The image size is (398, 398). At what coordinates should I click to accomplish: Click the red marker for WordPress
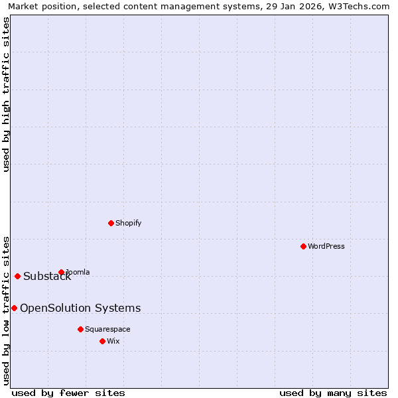[303, 246]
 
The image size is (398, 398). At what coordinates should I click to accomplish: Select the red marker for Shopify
[111, 223]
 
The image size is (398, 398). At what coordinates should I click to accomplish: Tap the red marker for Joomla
[61, 272]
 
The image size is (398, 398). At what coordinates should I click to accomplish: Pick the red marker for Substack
[17, 276]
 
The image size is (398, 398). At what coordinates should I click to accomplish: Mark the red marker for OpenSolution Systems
[14, 308]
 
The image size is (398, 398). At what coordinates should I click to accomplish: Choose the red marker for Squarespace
[80, 329]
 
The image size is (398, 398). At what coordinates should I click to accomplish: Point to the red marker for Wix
[102, 341]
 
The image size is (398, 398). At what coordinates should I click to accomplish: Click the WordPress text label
[326, 246]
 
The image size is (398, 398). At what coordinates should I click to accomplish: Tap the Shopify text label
[129, 223]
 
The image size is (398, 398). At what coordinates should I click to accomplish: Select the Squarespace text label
[107, 329]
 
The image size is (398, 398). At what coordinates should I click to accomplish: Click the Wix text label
[113, 341]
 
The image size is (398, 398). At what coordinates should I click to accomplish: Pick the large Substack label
[47, 277]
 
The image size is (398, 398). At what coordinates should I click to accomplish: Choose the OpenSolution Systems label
[80, 308]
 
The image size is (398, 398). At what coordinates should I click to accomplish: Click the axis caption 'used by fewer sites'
[68, 393]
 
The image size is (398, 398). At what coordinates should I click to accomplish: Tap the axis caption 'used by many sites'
[333, 393]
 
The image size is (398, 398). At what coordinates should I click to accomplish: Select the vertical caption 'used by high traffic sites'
[6, 94]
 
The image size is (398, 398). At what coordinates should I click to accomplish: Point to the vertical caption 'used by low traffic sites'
[6, 310]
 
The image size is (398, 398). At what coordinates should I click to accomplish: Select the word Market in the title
[23, 7]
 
